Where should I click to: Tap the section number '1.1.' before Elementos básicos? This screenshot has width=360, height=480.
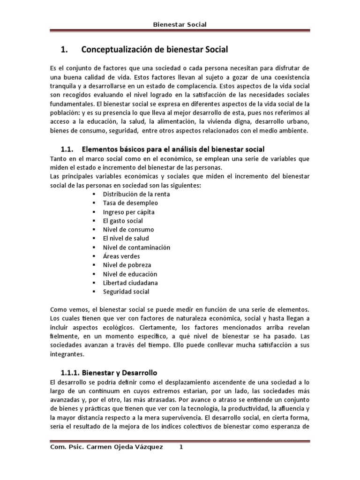click(69, 150)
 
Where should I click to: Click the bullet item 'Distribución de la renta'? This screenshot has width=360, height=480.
click(136, 194)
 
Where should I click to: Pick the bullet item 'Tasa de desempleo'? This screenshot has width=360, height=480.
click(130, 203)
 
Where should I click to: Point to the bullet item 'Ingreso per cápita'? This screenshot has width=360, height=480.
click(129, 212)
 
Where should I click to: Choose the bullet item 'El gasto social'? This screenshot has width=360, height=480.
click(123, 221)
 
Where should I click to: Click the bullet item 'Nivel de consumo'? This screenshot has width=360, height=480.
click(128, 230)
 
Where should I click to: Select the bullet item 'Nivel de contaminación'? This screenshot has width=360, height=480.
click(136, 247)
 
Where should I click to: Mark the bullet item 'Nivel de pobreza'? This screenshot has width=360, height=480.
click(127, 265)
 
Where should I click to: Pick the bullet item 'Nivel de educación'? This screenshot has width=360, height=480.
click(130, 274)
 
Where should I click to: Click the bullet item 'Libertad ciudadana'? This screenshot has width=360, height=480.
click(130, 283)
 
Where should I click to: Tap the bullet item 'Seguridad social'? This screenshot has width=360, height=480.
click(126, 292)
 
